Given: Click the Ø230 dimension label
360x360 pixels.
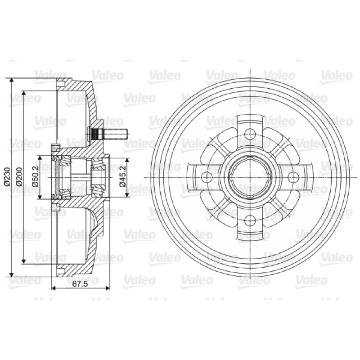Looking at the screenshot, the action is pyautogui.click(x=7, y=177).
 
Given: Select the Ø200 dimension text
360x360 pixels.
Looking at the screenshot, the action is pyautogui.click(x=19, y=177).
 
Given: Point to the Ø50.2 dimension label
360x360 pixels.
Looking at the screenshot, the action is pyautogui.click(x=36, y=177).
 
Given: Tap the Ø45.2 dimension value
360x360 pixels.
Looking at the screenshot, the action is pyautogui.click(x=123, y=177).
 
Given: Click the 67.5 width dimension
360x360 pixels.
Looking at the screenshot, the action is pyautogui.click(x=80, y=284).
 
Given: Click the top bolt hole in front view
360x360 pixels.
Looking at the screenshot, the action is pyautogui.click(x=250, y=133).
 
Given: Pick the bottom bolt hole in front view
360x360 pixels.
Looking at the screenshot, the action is pyautogui.click(x=250, y=221).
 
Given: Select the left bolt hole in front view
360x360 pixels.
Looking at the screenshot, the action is pyautogui.click(x=206, y=177).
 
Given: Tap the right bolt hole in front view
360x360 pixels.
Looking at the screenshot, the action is pyautogui.click(x=293, y=177).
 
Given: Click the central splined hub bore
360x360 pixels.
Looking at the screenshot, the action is pyautogui.click(x=250, y=177).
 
